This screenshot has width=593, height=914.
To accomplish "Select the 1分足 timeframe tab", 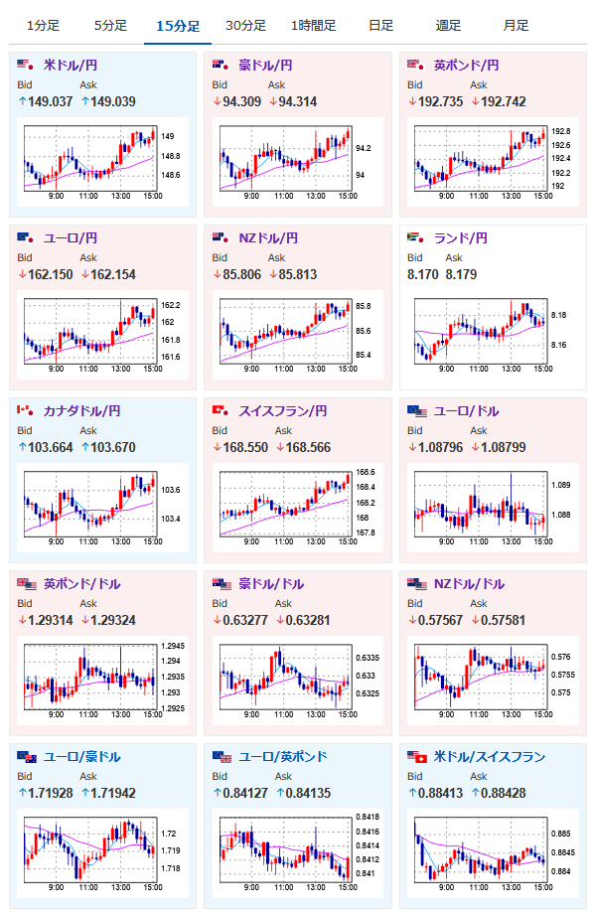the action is coord(43,26).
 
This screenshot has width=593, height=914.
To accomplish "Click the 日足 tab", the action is coord(381,26).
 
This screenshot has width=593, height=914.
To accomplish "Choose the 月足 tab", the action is coord(517,26).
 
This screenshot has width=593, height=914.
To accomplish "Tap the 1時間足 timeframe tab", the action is coord(314,26).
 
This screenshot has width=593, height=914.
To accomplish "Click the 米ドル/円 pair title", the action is coord(71,66).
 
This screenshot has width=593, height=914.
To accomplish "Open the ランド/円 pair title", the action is coord(461,238).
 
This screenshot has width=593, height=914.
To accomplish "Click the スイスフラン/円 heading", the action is coord(283,411).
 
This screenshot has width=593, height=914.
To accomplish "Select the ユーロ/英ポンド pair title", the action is coord(283,757).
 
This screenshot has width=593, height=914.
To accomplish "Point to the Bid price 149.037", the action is coord(50,102).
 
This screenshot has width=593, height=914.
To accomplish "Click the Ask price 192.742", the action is coord(504,102).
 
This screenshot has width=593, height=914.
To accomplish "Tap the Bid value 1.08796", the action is coord(440,448).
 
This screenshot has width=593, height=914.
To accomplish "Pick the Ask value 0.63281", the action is coord(308,621).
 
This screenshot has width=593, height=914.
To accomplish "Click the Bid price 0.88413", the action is coord(440,794).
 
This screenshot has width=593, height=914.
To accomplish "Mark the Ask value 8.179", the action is coord(461,274).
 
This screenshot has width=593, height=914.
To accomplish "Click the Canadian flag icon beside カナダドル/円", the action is coord(25,411).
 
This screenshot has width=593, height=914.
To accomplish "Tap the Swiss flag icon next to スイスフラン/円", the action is coord(221,411).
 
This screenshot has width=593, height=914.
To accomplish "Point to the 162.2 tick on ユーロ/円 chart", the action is coord(171,305).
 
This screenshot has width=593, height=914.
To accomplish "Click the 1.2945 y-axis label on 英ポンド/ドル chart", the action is coord(173,646).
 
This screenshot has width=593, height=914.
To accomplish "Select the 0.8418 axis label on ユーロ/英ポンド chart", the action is coord(368,818).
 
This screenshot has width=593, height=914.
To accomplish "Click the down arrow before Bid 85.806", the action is coord(217,274).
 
